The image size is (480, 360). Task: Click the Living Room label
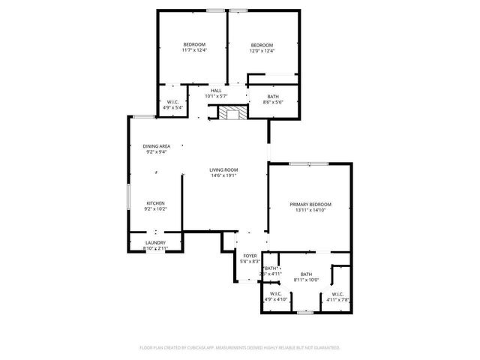pos(223,170)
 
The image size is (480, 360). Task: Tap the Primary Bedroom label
pos(310,204)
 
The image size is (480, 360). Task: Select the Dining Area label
pos(156,146)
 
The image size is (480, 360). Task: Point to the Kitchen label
pos(155,203)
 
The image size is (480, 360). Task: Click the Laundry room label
pos(155,242)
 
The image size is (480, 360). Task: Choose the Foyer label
pos(250,256)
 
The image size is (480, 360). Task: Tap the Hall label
pos(216,91)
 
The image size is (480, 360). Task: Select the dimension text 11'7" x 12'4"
pos(193,51)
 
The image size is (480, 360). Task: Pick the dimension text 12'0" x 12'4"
pos(262,51)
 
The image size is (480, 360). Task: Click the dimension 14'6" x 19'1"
pos(223,176)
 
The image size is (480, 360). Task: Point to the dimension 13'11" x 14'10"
pos(310,210)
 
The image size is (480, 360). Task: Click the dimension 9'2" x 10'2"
pos(155,209)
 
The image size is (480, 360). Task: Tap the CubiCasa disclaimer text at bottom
pos(240,348)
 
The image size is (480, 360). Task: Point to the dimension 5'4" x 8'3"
pos(250,262)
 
